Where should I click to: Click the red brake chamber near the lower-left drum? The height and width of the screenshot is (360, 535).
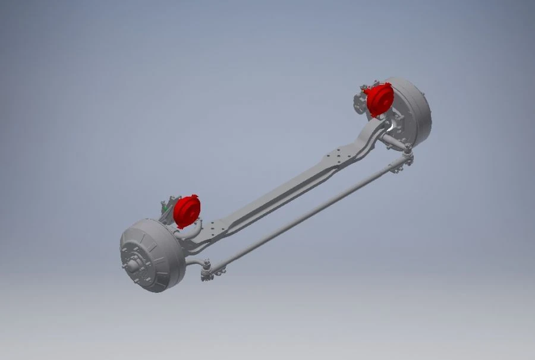pos(187,210)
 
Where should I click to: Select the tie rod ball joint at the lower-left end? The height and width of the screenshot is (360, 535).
pos(206,269)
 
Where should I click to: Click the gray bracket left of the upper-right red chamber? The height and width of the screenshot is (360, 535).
pos(360,101)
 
